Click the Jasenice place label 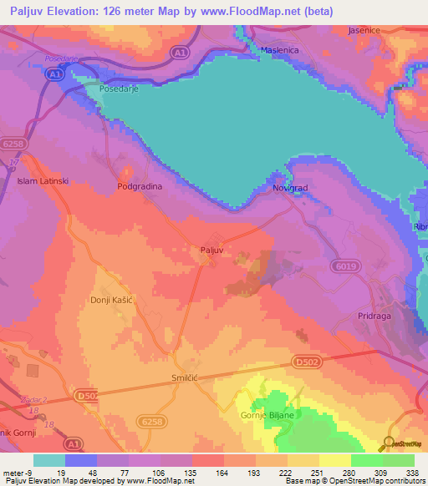click(x=365, y=30)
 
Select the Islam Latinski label click(x=41, y=180)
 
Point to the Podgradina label click(x=139, y=187)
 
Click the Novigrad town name click(x=291, y=189)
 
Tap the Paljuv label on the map click(x=212, y=250)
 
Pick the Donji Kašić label click(x=113, y=298)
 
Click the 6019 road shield click(x=349, y=266)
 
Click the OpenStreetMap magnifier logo click(x=390, y=443)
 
